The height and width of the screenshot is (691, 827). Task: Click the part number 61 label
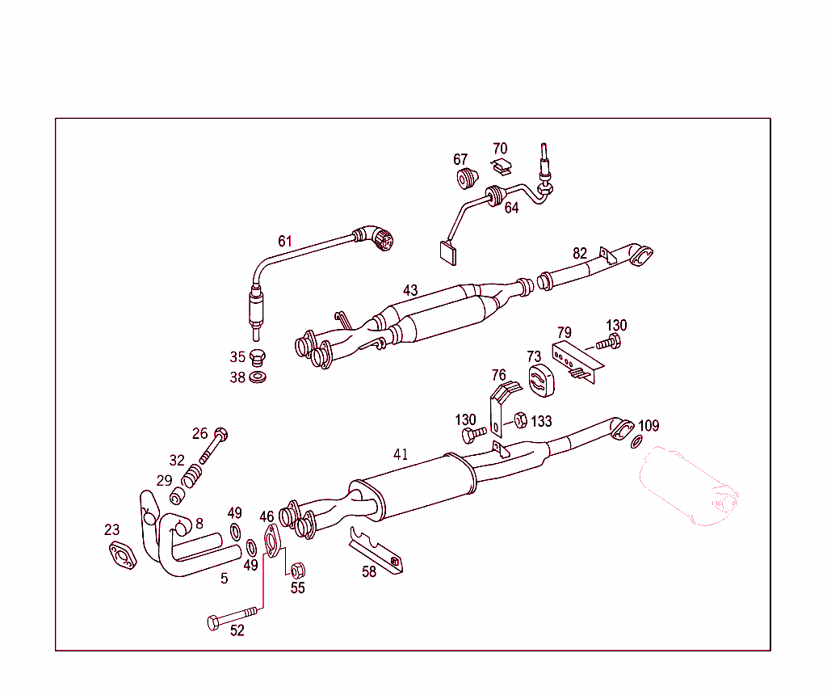click(x=285, y=241)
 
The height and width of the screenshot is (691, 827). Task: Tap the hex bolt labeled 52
click(x=233, y=617)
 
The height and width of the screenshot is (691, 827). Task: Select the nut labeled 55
click(x=298, y=570)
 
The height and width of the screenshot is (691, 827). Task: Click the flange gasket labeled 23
click(x=123, y=555)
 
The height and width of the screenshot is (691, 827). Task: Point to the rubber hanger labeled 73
click(x=540, y=380)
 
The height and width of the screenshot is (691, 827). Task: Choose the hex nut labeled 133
click(x=521, y=420)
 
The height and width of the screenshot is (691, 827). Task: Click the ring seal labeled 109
click(x=636, y=441)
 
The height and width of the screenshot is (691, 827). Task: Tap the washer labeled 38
click(x=258, y=377)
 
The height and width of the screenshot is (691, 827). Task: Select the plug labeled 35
click(x=258, y=357)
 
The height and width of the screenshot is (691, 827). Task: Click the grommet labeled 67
click(x=466, y=178)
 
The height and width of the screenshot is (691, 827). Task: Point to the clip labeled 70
click(x=502, y=167)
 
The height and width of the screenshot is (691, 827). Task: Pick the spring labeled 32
click(x=191, y=476)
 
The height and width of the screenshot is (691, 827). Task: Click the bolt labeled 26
click(x=213, y=445)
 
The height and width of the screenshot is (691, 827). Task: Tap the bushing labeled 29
click(x=177, y=496)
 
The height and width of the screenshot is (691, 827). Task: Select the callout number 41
click(x=401, y=454)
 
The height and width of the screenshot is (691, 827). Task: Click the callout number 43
click(x=410, y=290)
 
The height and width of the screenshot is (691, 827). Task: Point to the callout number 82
click(x=580, y=254)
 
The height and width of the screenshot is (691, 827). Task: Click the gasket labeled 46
click(x=271, y=541)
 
